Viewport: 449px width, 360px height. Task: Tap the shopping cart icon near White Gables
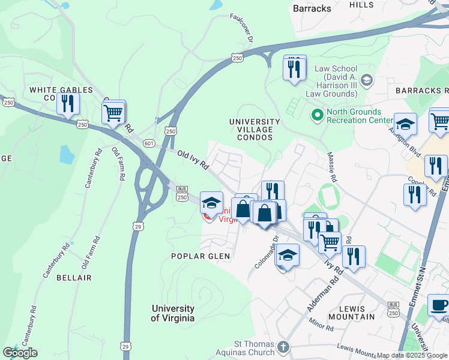point(113,112)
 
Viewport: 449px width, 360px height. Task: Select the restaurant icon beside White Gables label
point(68,103)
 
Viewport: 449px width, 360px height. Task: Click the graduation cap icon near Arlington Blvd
point(405,124)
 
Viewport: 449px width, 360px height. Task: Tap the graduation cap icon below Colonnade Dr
point(288,255)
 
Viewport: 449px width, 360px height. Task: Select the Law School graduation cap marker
point(366,80)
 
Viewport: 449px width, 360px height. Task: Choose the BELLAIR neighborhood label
point(74,278)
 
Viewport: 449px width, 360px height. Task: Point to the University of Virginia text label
point(173,313)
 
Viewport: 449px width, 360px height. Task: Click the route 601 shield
point(149,142)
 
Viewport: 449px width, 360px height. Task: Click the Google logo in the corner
point(20,352)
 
